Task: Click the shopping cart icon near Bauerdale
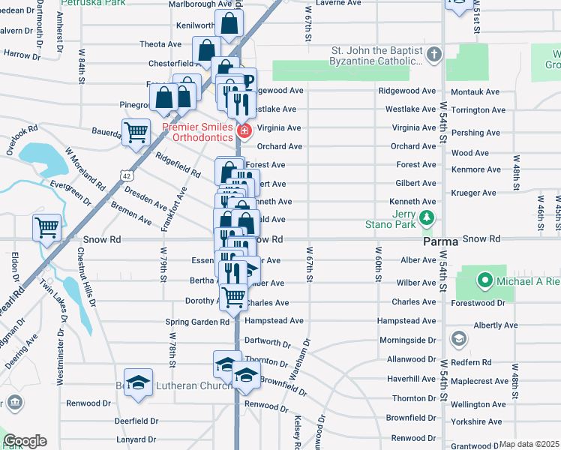pos(136,133)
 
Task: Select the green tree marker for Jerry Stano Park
pos(427,218)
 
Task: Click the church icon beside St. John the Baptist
pos(433,55)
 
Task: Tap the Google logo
pos(25,441)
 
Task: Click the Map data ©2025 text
pos(529,444)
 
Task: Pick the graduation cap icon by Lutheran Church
pos(139,383)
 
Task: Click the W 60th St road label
pos(377,264)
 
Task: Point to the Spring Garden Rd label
pos(197,322)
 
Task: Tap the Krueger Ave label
pos(474,193)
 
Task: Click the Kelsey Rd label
pos(298,432)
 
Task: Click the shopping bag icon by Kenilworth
pos(229,25)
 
